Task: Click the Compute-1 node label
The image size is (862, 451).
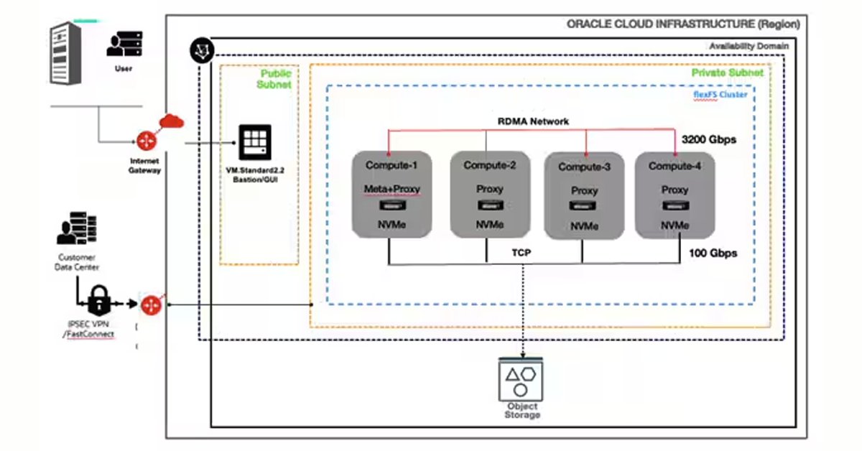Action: [x=391, y=166]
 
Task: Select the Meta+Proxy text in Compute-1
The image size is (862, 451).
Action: [x=391, y=190]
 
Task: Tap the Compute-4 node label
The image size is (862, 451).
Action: [x=675, y=166]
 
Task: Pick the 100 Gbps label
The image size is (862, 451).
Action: [x=713, y=254]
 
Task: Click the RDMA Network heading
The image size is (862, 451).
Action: [x=533, y=121]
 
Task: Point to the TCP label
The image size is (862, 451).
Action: [x=522, y=254]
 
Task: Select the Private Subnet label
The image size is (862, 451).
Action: [x=727, y=73]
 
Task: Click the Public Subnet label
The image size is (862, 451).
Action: [x=275, y=79]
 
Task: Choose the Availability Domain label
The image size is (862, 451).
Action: [x=749, y=46]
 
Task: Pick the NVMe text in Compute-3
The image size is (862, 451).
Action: [x=583, y=227]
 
